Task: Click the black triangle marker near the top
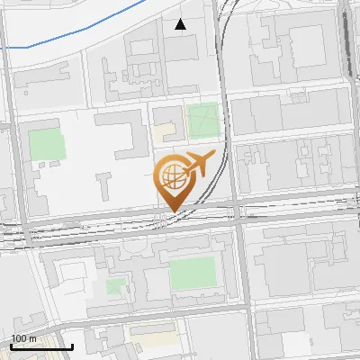click(181, 24)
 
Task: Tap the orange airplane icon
click(198, 166)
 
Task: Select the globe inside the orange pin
click(171, 175)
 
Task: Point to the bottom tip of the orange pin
click(172, 211)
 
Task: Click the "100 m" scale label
click(23, 338)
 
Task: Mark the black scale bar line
click(41, 346)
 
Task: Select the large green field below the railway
click(193, 274)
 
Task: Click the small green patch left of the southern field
click(115, 286)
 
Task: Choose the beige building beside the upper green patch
click(164, 132)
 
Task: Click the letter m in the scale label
click(31, 338)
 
